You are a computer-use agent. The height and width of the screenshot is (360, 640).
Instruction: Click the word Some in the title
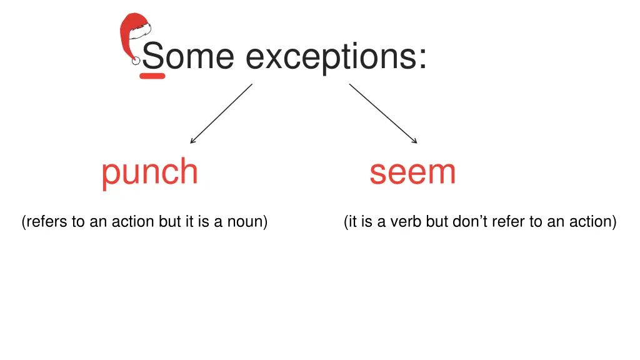(187, 56)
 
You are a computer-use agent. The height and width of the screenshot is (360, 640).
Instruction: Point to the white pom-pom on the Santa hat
(136, 61)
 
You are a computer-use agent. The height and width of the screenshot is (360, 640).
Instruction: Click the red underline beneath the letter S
(152, 76)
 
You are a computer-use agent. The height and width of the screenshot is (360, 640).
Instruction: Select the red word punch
(149, 172)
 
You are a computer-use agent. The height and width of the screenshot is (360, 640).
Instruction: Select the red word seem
(412, 172)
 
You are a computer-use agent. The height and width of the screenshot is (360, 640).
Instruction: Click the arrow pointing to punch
(221, 114)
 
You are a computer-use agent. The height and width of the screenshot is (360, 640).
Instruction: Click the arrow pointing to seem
(382, 113)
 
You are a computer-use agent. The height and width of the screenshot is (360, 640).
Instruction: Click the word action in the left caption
(133, 222)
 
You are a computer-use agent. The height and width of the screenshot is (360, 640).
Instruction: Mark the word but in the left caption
(169, 222)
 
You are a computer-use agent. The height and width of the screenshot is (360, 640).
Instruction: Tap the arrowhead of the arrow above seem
(414, 141)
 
